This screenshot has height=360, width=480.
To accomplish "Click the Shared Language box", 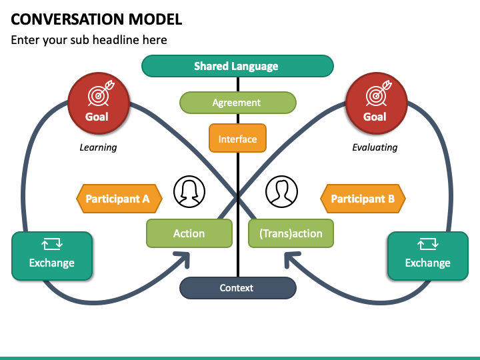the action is pos(237,66).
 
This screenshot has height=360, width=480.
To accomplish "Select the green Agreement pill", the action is pos(238,103).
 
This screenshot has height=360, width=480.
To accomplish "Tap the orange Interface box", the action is pos(237,138).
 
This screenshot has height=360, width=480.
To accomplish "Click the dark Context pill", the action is pos(238,288).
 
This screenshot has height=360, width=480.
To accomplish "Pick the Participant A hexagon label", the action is pos(119,199).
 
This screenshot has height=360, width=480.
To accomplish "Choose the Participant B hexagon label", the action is pos(363,199).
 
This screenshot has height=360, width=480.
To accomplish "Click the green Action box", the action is pos(189,233).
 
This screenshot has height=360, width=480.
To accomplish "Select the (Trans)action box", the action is pos(291,233).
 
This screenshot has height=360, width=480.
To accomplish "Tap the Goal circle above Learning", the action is pos(99,103).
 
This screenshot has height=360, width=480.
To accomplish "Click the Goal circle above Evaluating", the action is pos(377,103).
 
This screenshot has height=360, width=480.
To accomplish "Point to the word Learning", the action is pos(98,147).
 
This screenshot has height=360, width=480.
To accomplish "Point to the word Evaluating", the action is pos(375,147).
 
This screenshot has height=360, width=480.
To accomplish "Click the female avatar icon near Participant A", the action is pos(189,191).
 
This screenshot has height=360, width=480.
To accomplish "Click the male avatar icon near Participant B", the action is pos(281,191).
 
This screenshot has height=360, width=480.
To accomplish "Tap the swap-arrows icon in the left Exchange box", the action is pos(52,244).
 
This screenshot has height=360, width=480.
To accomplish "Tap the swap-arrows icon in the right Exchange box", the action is pos(428,244).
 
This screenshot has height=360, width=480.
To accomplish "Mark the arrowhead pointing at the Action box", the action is pos(183,259).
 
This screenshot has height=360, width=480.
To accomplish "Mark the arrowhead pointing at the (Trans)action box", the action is pos(291,259).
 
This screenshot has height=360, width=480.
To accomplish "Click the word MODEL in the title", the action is pos(155,19).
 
